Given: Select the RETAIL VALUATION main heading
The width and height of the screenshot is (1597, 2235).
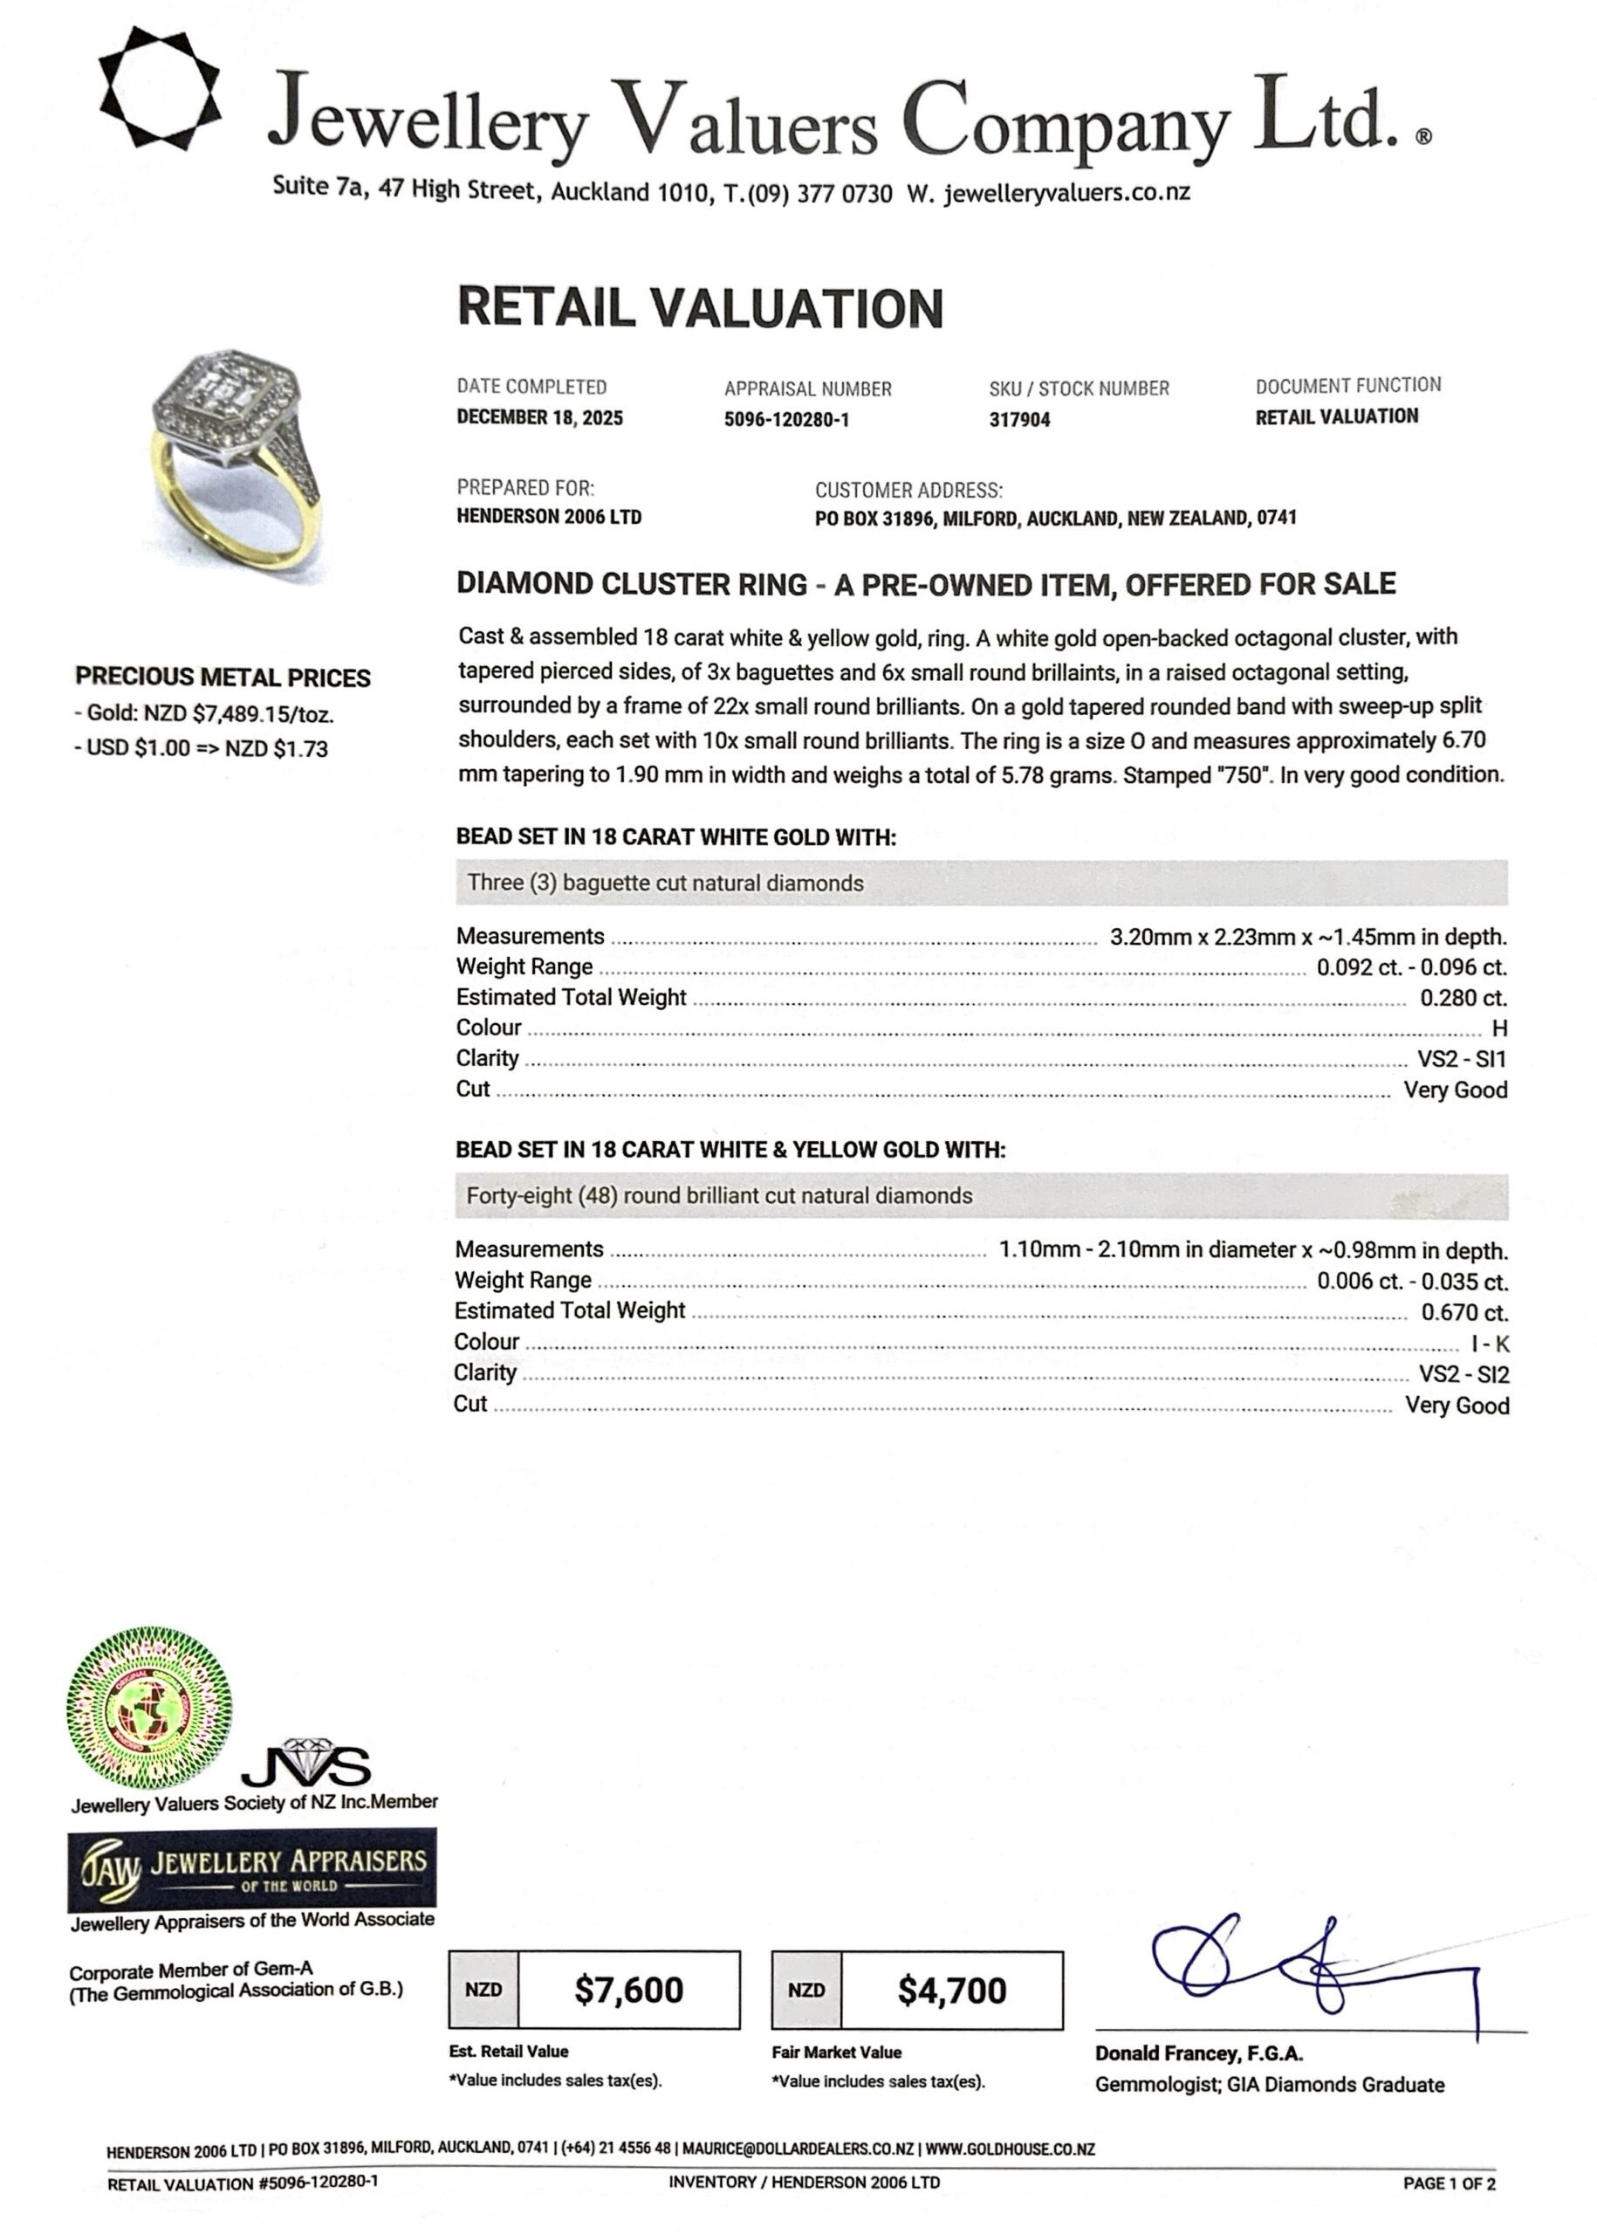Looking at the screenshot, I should point(700,308).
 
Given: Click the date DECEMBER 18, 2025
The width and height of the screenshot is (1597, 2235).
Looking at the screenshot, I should point(539,418).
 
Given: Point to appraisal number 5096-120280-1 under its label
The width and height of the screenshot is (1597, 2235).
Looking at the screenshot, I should point(785,420).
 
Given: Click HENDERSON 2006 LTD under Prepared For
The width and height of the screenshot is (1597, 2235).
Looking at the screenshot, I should point(549,518).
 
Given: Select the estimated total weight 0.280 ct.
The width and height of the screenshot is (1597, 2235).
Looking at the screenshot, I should point(1463,999).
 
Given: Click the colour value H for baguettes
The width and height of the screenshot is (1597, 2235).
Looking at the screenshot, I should point(1498,1029).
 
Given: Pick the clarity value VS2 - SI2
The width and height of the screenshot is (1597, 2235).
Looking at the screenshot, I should point(1463,1375).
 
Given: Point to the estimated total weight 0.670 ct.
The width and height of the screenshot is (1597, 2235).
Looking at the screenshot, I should point(1464,1312).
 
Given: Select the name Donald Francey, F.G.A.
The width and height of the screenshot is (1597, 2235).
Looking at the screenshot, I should point(1199,2054).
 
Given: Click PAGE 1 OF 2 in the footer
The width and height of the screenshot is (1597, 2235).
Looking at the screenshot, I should point(1449,2183).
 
